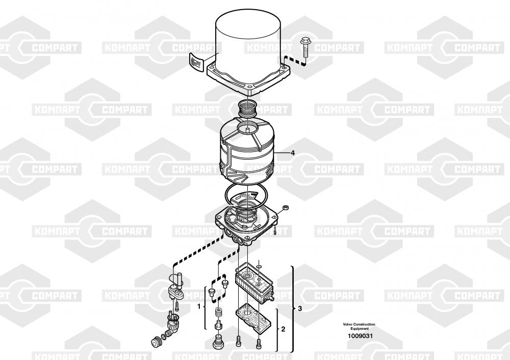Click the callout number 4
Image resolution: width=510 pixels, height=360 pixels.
pyautogui.click(x=293, y=152)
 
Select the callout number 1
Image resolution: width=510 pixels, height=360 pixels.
pyautogui.click(x=199, y=306)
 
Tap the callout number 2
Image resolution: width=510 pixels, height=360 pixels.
pyautogui.click(x=283, y=329)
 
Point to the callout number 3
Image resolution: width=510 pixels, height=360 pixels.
pyautogui.click(x=300, y=308)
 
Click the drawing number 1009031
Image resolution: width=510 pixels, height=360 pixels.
pyautogui.click(x=360, y=336)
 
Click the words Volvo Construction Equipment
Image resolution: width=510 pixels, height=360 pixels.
pyautogui.click(x=359, y=326)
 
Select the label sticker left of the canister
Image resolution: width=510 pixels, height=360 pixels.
pyautogui.click(x=196, y=61)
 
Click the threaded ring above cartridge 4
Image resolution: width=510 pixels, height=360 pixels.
pyautogui.click(x=248, y=108)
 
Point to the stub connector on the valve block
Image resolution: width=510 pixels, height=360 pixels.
pyautogui.click(x=271, y=297)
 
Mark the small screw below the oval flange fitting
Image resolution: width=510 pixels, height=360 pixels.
pyautogui.click(x=176, y=305)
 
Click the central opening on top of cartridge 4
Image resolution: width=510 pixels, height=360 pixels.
pyautogui.click(x=248, y=128)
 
